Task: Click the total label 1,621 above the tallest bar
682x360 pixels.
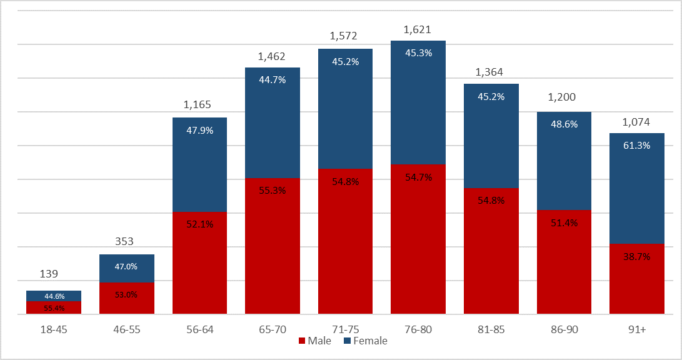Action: click(x=418, y=29)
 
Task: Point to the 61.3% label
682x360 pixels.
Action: click(x=636, y=145)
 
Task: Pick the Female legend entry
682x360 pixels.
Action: click(x=365, y=341)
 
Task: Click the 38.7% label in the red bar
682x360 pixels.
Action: click(x=636, y=256)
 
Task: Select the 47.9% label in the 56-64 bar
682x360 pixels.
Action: click(x=199, y=130)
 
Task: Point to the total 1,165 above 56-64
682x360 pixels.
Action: click(x=199, y=105)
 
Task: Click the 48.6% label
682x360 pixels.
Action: click(x=564, y=124)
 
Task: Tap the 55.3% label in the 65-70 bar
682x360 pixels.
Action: click(x=272, y=190)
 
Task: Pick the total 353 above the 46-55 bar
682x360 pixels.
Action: click(x=126, y=242)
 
